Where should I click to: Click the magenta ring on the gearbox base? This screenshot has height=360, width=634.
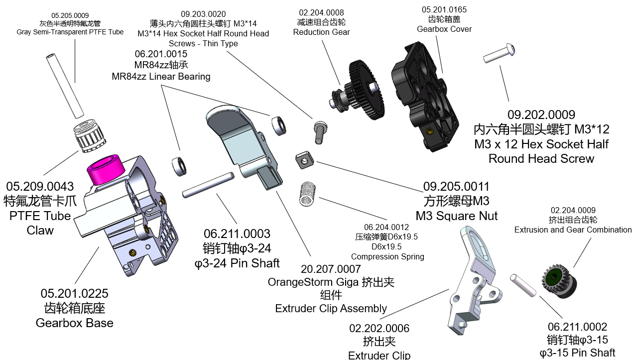tap(105, 169)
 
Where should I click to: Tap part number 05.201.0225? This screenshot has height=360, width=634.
tap(74, 294)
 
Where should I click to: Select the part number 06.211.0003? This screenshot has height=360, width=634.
tap(237, 234)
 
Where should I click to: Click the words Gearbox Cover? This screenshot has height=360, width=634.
tap(444, 29)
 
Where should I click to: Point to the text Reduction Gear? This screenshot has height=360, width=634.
tap(321, 32)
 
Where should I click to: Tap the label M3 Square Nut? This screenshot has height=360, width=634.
tap(456, 216)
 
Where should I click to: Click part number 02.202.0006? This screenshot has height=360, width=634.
tap(379, 329)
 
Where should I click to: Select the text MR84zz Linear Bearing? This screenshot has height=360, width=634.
tap(161, 76)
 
